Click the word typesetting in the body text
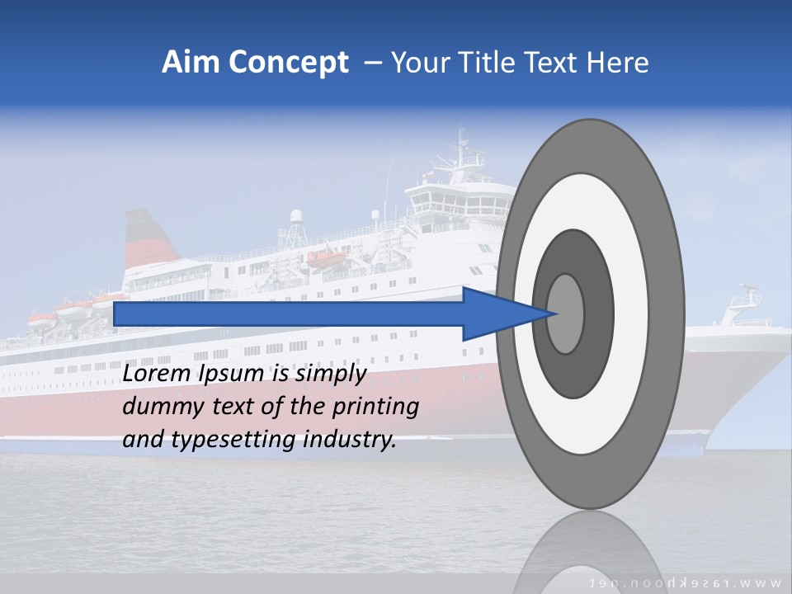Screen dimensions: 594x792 point(234,441)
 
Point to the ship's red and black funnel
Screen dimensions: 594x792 point(149,239)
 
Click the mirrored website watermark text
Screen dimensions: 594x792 point(689,582)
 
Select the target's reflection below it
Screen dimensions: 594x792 point(589,549)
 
